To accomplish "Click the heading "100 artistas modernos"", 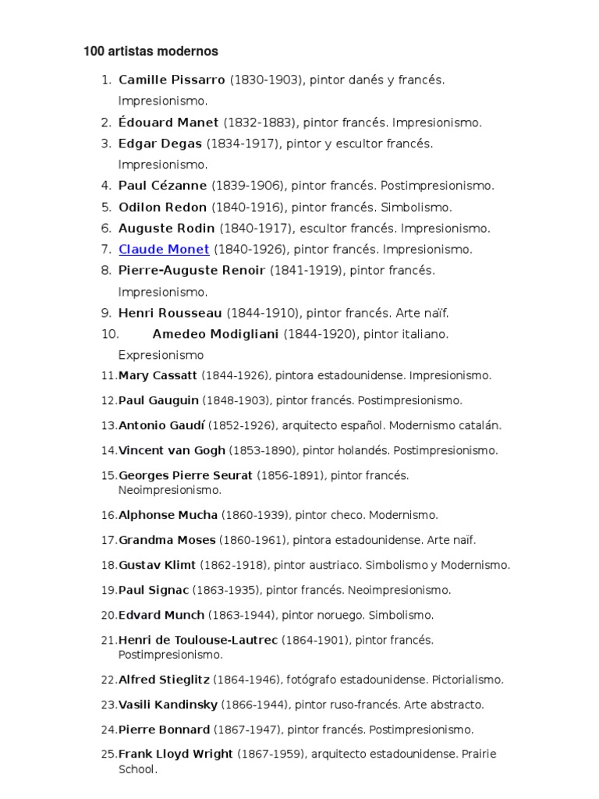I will point(151,51).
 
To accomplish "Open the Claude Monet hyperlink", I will point(164,250).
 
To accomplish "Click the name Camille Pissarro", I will point(172,80).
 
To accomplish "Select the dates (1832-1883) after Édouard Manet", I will point(260,123).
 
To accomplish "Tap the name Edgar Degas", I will point(160,144).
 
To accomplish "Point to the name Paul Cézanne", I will point(162,186).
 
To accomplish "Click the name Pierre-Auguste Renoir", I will point(192,271).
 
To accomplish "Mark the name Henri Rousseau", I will point(171,313).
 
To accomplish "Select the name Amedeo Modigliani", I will point(215,334).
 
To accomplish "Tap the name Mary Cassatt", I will point(158,376).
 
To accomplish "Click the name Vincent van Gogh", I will point(172,451).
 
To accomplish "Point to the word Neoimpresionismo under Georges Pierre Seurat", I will point(170,490).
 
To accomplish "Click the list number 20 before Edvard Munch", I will point(108,615).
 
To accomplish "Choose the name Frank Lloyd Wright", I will point(175,754).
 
